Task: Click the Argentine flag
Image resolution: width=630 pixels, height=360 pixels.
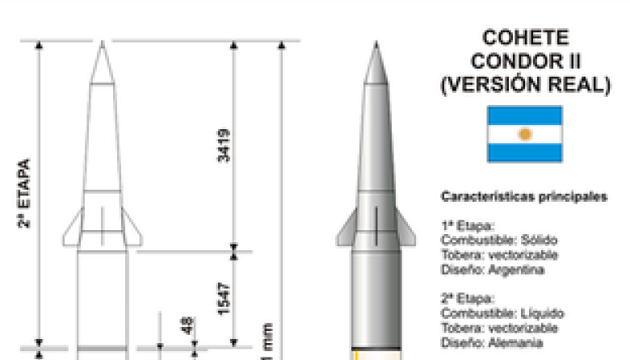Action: tap(524, 134)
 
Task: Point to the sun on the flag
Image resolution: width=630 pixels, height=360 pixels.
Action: tap(524, 134)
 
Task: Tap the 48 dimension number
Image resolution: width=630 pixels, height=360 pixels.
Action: tap(187, 327)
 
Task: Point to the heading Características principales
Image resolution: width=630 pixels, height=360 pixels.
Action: tap(524, 196)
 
